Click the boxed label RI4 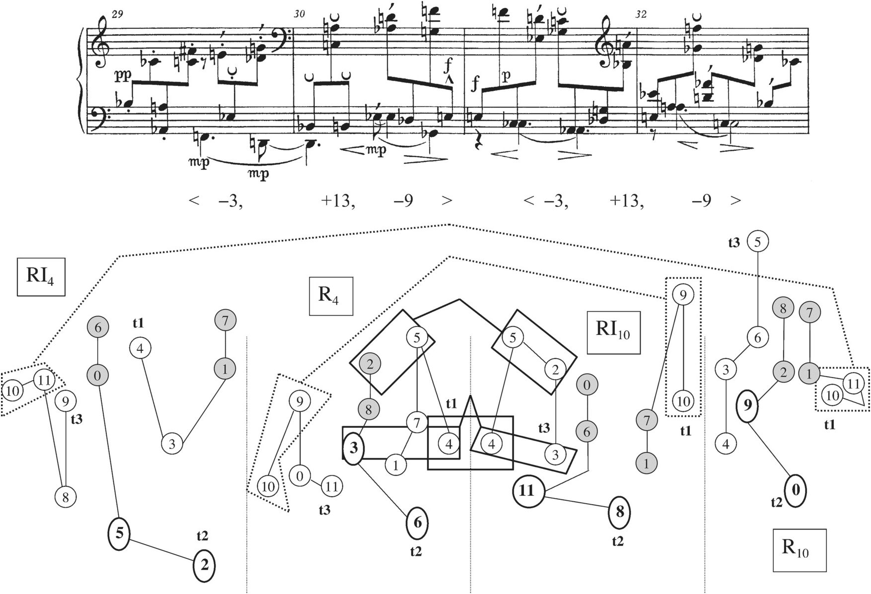coord(41,277)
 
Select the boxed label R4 coord(331,296)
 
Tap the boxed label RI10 coord(613,332)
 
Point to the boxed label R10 coord(799,550)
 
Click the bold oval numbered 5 coord(119,533)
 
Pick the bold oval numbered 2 coord(204,566)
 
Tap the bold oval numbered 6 coord(417,523)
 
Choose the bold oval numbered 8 coord(620,513)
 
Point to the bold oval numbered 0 coord(796,491)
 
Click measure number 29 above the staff coord(117,14)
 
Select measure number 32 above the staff coord(641,14)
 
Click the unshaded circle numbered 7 coord(417,423)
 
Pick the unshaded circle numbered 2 coord(555,370)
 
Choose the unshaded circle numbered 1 coord(396,465)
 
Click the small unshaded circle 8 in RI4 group coord(66,497)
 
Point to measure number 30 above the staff coord(299,14)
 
